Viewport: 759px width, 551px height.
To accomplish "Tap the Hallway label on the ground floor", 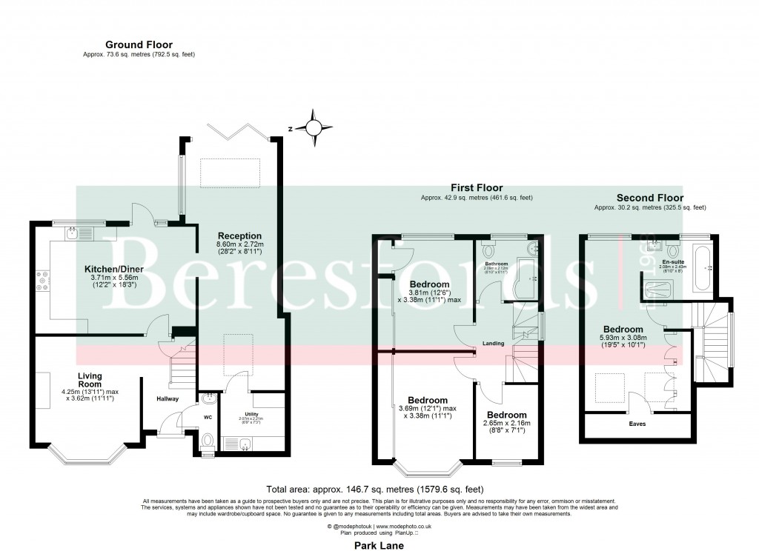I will pyautogui.click(x=168, y=399).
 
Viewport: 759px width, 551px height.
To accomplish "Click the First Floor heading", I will pyautogui.click(x=476, y=188).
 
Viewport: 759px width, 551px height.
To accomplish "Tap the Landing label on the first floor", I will pyautogui.click(x=493, y=344).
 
